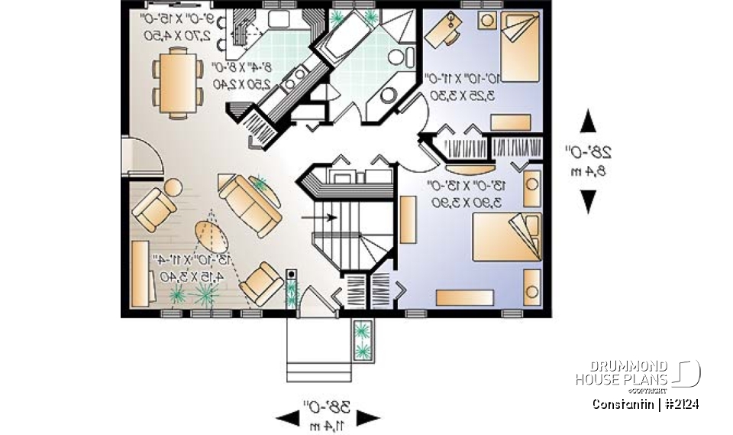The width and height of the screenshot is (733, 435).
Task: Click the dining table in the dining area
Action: coord(177,81)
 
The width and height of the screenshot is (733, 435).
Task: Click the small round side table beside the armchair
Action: coord(173,186)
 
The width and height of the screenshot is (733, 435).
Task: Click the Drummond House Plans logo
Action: coord(638,372)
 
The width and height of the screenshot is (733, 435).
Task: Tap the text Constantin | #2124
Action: coord(645,404)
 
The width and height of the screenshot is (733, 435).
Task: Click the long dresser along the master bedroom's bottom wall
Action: coord(467,297)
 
